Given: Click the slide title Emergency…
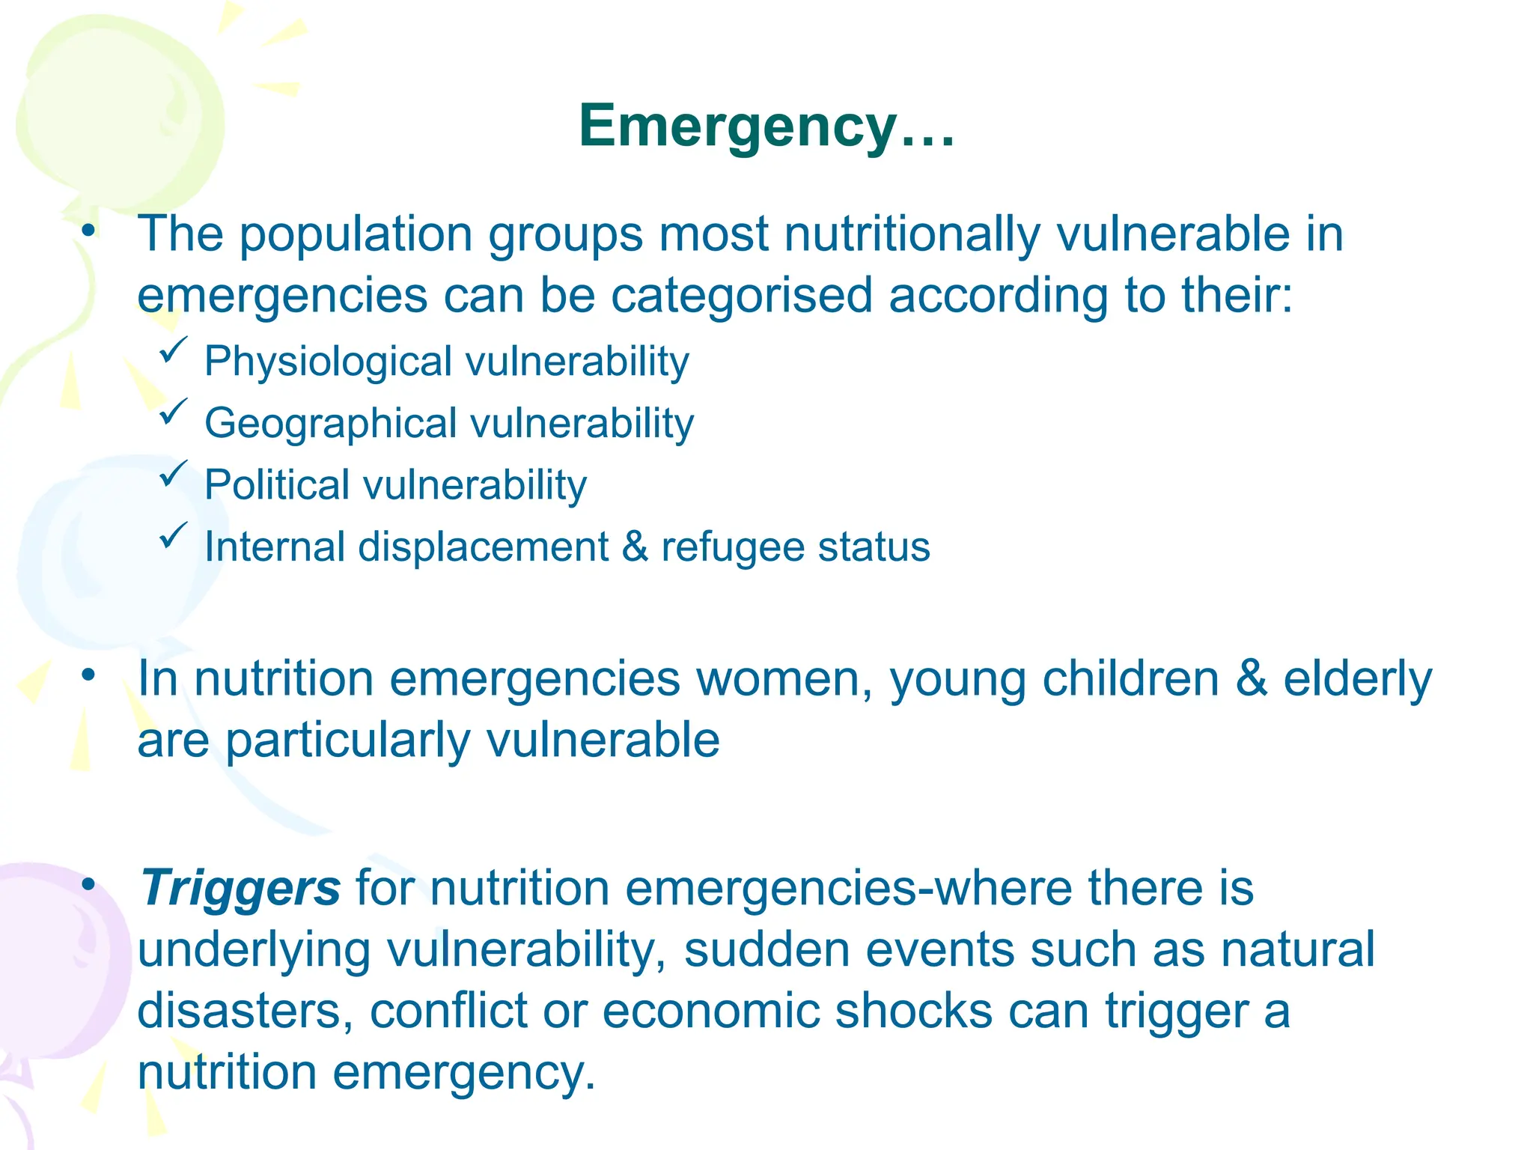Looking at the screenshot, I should [766, 126].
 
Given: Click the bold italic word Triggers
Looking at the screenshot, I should [240, 888].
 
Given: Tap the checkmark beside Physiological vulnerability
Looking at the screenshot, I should [173, 350].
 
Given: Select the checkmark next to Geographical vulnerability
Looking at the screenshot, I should [173, 412].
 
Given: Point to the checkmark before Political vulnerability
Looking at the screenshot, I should [173, 474].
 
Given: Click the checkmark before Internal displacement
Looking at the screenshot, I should [173, 535].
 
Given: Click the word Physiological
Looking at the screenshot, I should [328, 362].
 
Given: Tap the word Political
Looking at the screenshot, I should [277, 485].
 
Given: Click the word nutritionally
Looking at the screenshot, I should [912, 234].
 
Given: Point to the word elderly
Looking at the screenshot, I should [1357, 680].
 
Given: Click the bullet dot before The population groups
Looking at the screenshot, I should [89, 231].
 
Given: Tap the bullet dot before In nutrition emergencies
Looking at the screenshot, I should [89, 676].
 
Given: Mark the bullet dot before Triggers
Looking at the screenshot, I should [89, 885].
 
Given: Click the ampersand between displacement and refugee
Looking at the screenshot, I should [635, 547].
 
